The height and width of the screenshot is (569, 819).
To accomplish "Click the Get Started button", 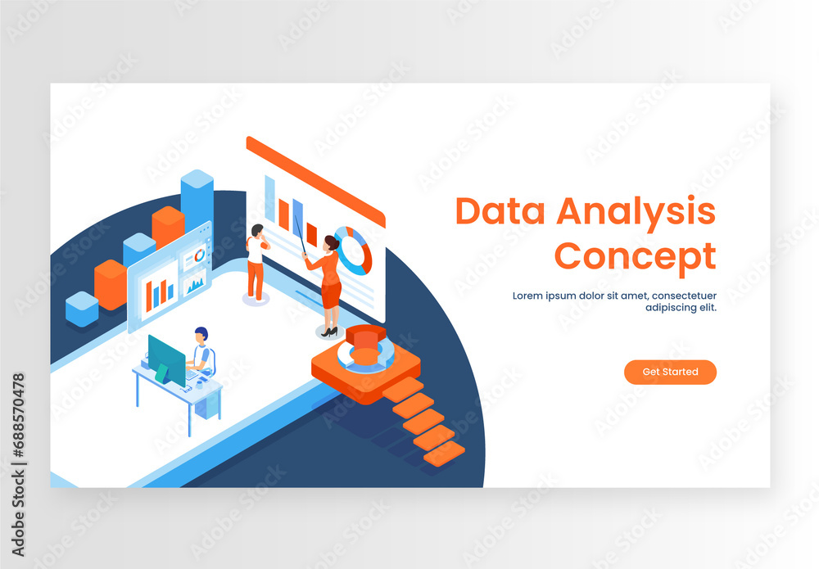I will [670, 372].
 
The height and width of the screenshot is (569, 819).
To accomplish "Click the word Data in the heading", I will [500, 212].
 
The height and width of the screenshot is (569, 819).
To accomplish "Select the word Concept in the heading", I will [635, 256].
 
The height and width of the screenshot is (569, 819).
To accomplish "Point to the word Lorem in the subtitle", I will [529, 296].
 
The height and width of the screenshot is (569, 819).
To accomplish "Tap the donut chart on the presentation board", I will [354, 250].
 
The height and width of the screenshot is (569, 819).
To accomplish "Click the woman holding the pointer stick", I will [329, 282].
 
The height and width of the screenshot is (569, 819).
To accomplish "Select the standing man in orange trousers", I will [256, 262].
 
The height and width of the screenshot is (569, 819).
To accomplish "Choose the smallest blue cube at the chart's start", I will [82, 309].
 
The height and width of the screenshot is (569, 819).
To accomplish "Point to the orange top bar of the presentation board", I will [315, 181].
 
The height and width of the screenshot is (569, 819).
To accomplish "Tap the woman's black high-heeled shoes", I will [329, 332].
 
